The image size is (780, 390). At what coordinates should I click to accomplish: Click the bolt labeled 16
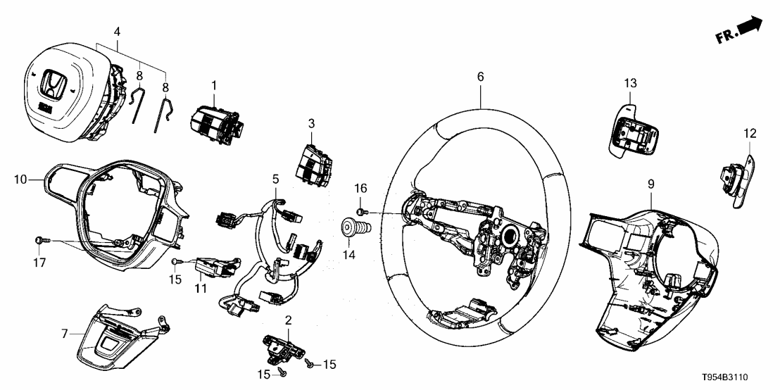pyautogui.click(x=360, y=212)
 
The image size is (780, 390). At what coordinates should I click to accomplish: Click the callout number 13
pyautogui.click(x=629, y=83)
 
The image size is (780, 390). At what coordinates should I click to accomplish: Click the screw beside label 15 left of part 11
pyautogui.click(x=175, y=262)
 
